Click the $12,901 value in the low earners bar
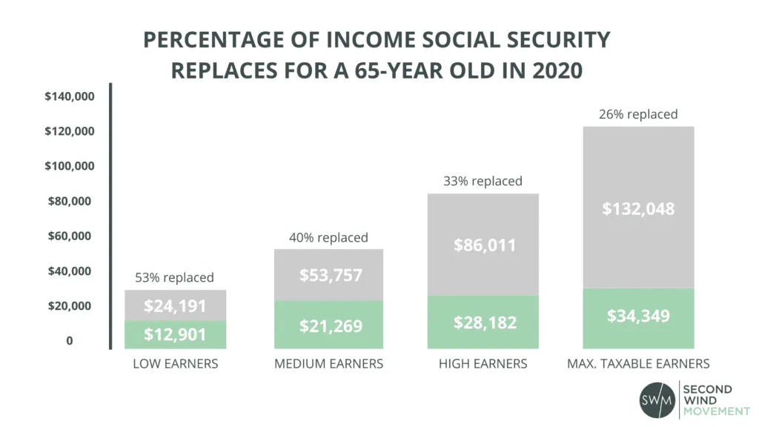175,334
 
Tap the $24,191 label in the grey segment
175,305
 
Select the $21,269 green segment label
331,325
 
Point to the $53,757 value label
331,275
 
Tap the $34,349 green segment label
638,316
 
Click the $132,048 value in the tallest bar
638,209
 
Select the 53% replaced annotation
174,278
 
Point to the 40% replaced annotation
328,238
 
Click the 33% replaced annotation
483,181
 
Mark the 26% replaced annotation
638,114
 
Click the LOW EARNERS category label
175,364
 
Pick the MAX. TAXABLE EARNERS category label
638,364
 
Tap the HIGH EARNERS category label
483,364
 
